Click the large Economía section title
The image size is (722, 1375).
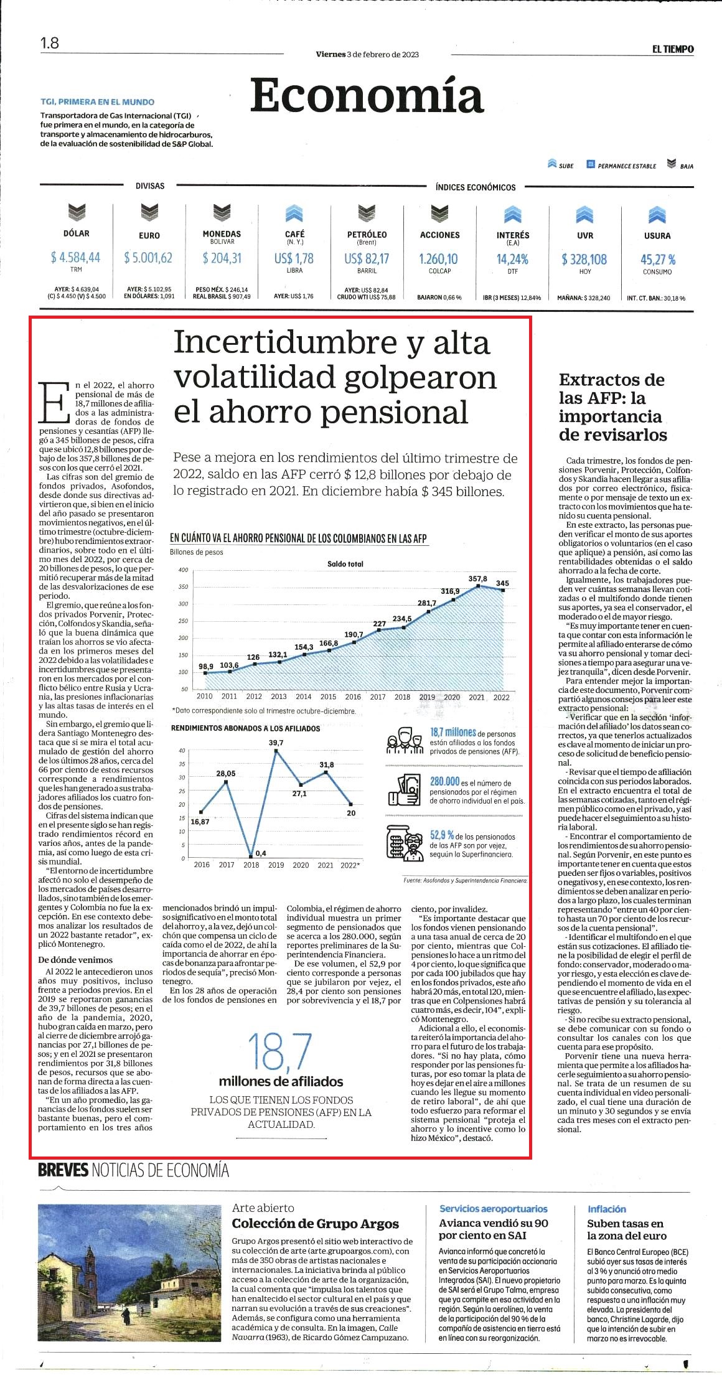(x=367, y=95)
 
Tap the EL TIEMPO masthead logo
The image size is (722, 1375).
(x=673, y=49)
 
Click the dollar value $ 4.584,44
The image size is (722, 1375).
(x=76, y=257)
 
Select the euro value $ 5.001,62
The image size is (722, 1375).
(x=148, y=257)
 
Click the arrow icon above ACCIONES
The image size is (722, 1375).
(x=439, y=214)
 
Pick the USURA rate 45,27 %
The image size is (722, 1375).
(x=658, y=259)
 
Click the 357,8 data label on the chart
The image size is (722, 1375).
(x=477, y=579)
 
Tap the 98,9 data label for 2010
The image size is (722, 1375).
(x=206, y=667)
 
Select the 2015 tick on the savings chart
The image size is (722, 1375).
(x=328, y=697)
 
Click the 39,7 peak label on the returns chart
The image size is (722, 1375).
(x=276, y=743)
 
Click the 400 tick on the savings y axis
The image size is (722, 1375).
(x=183, y=570)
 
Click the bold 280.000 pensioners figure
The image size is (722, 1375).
(x=444, y=781)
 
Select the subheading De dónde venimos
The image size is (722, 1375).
(x=75, y=959)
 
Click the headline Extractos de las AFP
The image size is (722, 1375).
(x=612, y=407)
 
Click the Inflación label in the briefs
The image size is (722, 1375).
(x=607, y=1209)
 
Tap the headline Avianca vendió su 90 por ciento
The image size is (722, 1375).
(x=494, y=1229)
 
